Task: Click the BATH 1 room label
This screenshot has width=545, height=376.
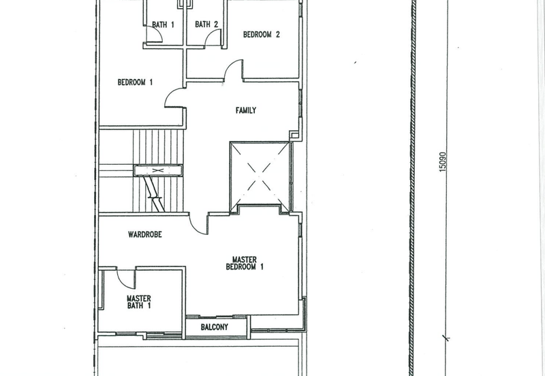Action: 163,25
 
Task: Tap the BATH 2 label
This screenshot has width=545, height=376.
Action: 206,25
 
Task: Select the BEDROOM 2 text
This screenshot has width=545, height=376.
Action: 262,35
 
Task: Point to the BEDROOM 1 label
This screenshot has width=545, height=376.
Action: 135,82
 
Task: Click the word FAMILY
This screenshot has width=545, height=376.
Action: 246,110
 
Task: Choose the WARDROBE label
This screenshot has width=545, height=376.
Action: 145,234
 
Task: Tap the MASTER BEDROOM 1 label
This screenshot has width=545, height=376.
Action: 245,263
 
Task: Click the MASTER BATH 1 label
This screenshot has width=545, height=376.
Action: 139,302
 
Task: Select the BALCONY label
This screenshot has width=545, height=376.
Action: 215,327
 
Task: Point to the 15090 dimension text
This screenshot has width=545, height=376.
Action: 442,161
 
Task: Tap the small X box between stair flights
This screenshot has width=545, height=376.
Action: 158,170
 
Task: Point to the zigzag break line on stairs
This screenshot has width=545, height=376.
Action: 154,193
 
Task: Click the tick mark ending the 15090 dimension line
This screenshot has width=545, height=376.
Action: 446,337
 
